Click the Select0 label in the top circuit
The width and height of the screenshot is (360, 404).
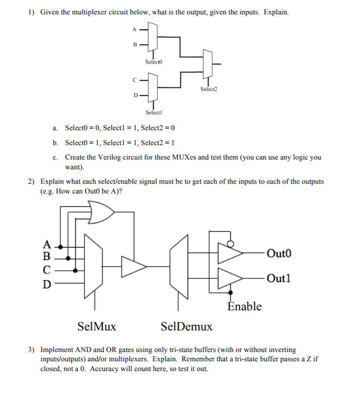(x=153, y=62)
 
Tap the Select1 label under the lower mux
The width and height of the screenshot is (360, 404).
(x=153, y=112)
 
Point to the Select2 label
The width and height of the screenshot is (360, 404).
(x=209, y=89)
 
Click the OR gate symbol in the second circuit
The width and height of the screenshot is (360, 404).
(x=102, y=212)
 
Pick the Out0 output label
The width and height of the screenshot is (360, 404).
(x=280, y=253)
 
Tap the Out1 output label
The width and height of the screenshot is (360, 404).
(x=280, y=278)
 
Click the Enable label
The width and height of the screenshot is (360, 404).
(x=244, y=307)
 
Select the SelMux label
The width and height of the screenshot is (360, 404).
(x=96, y=326)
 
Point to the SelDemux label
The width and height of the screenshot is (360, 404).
(x=186, y=326)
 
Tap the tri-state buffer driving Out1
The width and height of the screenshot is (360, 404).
(x=230, y=278)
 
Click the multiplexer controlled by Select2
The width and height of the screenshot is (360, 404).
(x=208, y=64)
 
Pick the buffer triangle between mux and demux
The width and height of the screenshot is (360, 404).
(x=133, y=266)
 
